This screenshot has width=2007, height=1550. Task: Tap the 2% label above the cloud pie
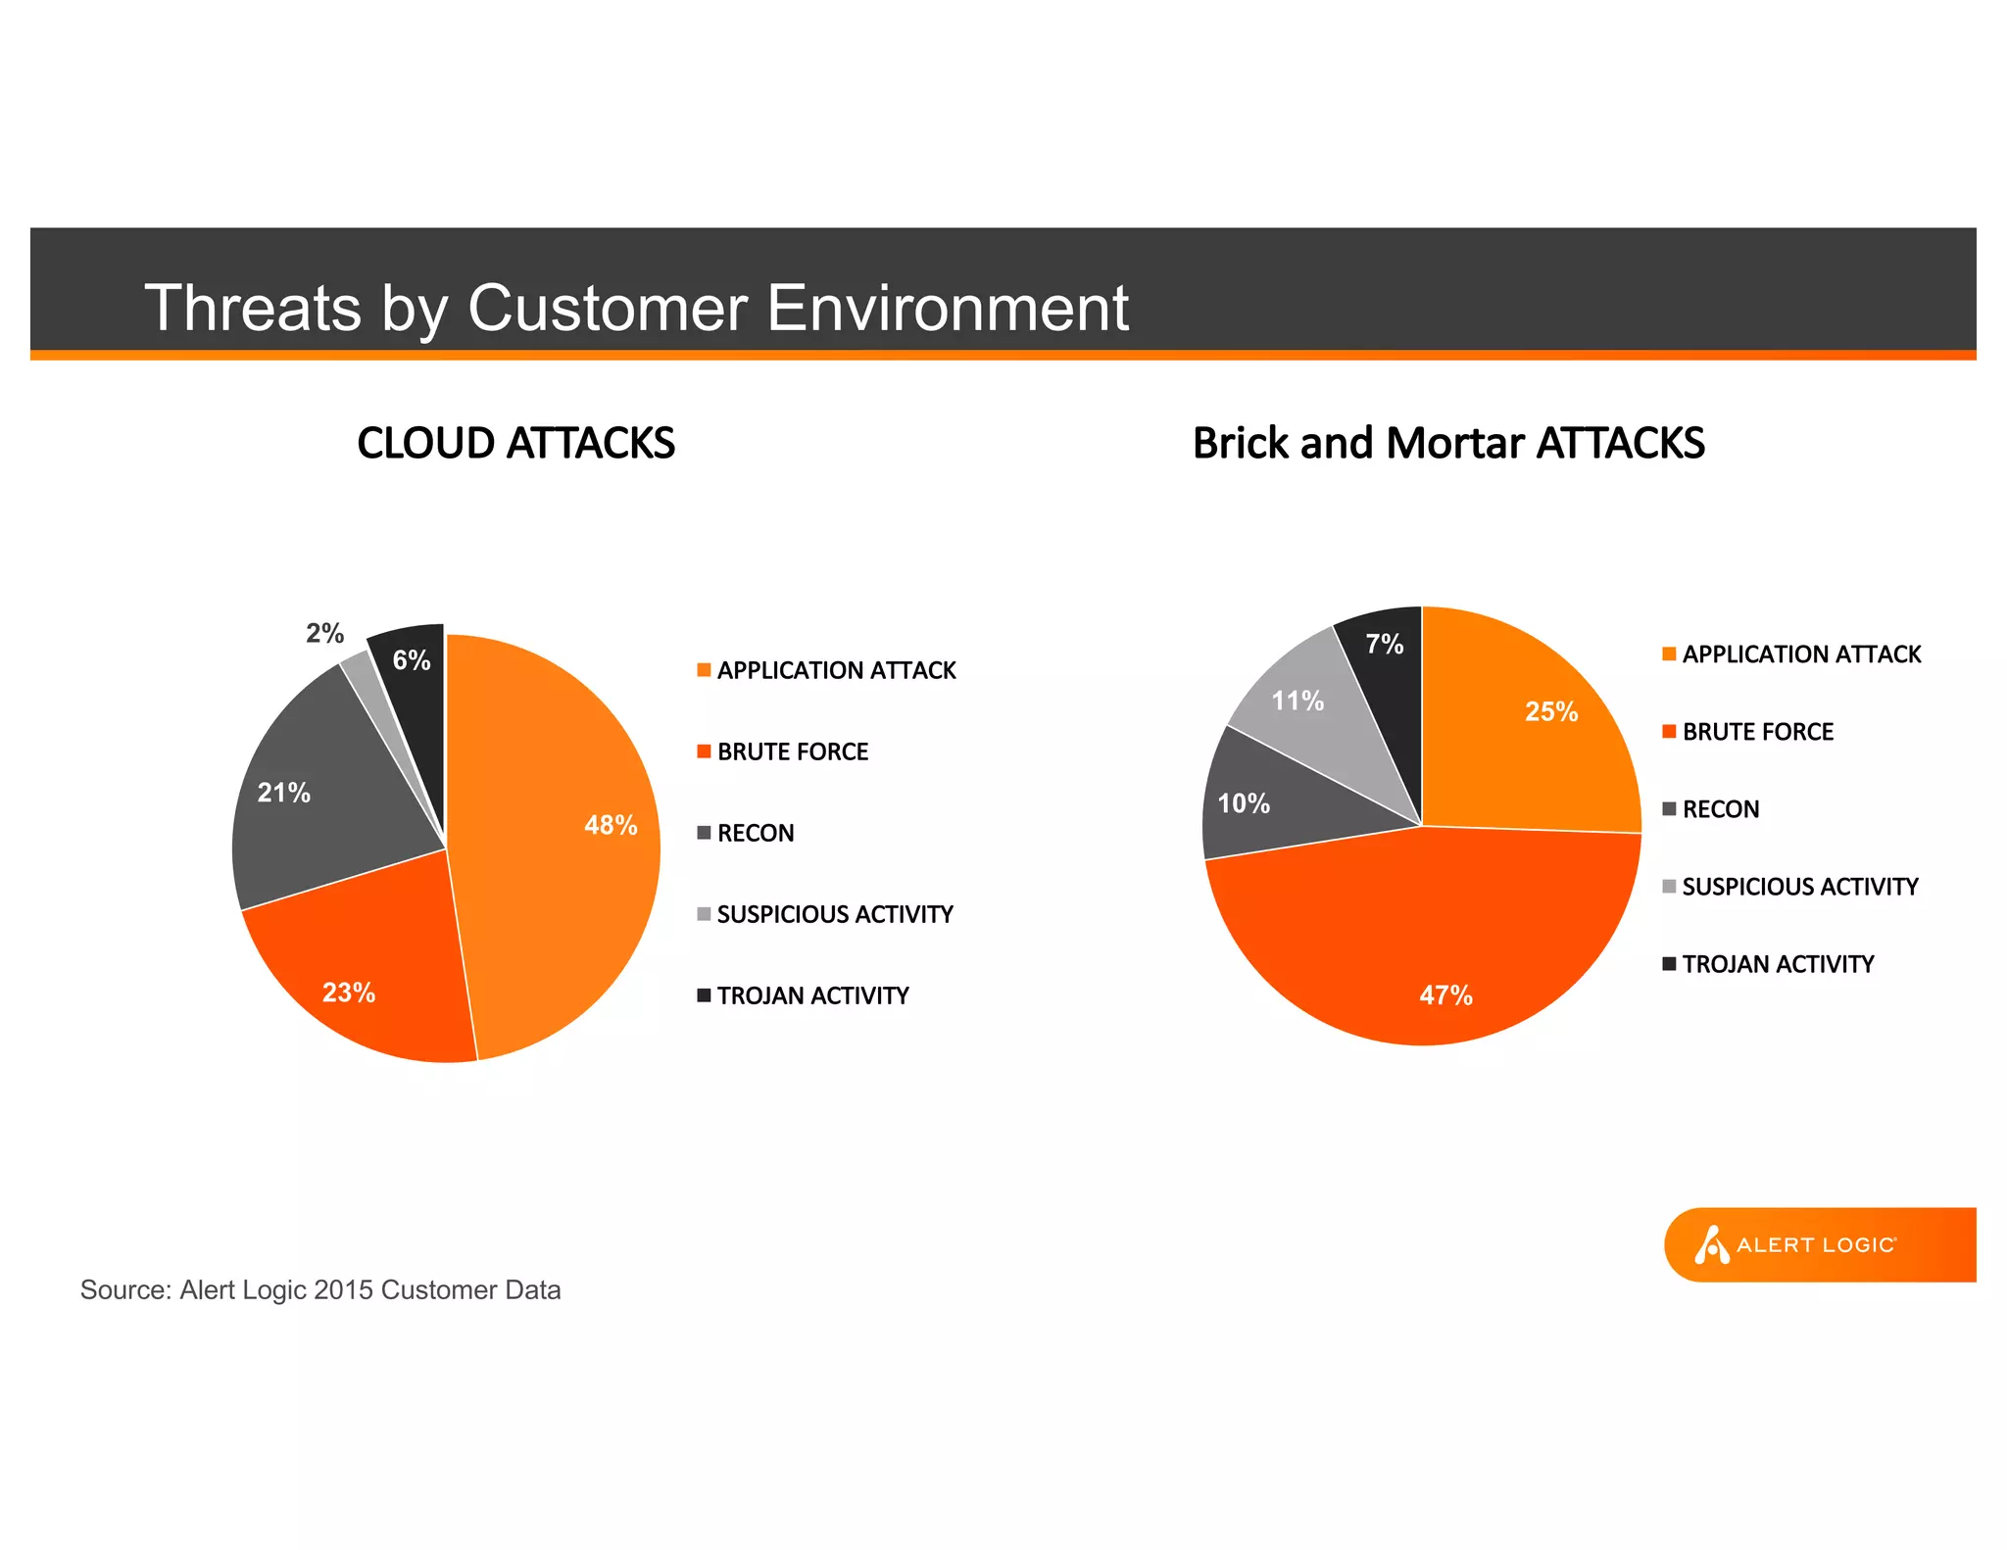[324, 634]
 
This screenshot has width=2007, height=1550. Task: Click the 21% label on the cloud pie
[284, 793]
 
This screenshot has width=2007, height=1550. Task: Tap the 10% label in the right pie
[1244, 804]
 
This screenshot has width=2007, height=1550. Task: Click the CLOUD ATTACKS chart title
[515, 443]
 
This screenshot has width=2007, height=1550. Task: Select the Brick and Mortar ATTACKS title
[1448, 443]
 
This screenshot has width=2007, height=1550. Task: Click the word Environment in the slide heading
[948, 309]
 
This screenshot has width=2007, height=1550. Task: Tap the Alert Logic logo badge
[1818, 1244]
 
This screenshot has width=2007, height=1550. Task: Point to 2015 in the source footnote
[343, 1290]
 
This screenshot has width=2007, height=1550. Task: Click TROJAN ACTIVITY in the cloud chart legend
[812, 996]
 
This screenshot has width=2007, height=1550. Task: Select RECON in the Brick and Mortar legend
[1721, 809]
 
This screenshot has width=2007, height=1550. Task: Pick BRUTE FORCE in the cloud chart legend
[792, 752]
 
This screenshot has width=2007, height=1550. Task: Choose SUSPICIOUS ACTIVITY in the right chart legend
[1799, 887]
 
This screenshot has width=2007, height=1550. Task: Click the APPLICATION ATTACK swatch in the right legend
[1669, 654]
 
